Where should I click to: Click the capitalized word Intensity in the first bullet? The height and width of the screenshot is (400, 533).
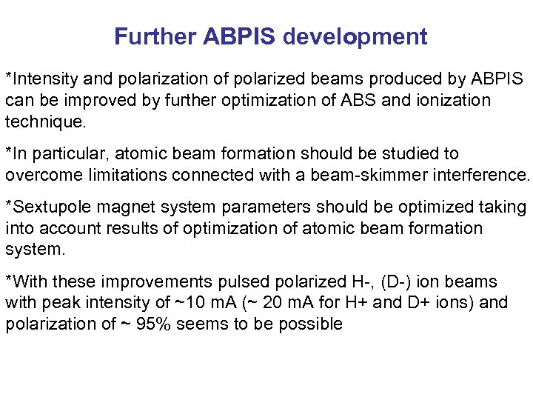click(41, 78)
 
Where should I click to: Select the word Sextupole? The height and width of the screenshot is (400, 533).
click(47, 209)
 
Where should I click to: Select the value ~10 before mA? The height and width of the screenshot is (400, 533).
click(167, 303)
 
